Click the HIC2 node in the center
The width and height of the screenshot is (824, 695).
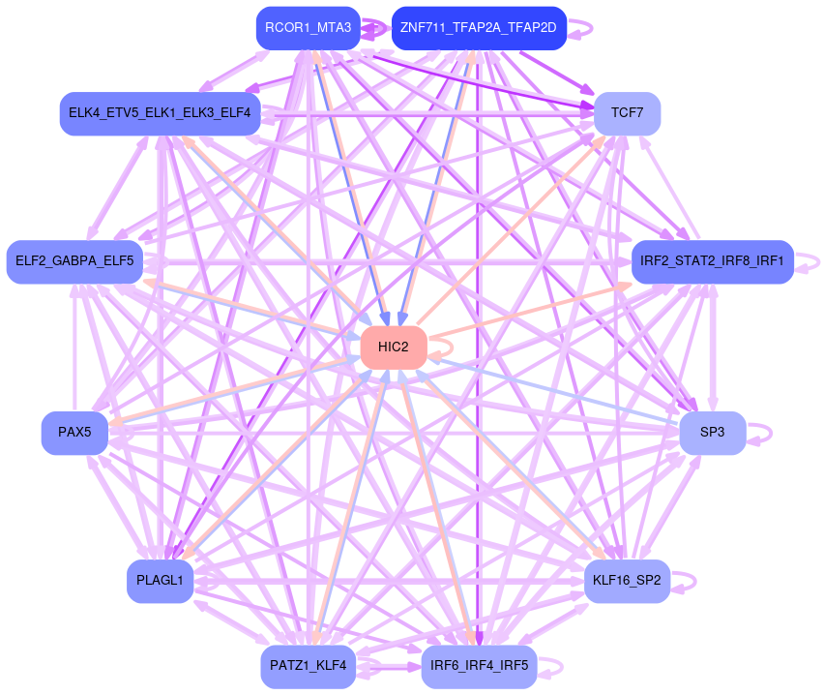pos(394,347)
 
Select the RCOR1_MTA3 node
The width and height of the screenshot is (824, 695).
pos(308,27)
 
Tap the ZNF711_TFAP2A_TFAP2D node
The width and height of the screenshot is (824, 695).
pos(478,27)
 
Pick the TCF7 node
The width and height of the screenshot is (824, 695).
pos(627,113)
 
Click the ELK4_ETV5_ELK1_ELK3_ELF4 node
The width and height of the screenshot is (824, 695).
pos(160,113)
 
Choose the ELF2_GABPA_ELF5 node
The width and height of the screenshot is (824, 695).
pos(74,261)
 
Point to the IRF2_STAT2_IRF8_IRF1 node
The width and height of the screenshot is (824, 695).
pos(712,261)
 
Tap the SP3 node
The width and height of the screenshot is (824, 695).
pos(712,433)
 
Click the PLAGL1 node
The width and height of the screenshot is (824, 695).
pos(160,581)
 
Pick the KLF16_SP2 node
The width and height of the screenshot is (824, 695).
pos(627,581)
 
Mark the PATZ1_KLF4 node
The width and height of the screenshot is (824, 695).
pos(308,666)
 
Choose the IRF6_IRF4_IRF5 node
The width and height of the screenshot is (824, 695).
pos(479,666)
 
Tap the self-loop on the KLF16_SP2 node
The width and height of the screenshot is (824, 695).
pos(685,581)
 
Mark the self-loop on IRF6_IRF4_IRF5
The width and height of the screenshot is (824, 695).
pos(551,666)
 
